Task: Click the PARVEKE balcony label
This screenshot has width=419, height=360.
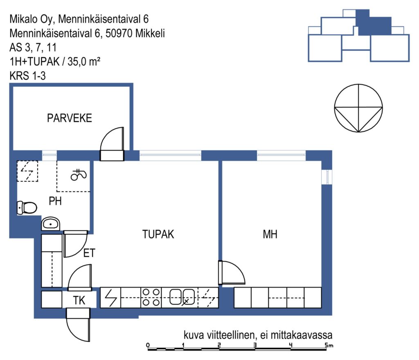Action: click(x=70, y=118)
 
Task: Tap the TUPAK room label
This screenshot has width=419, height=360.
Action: click(x=158, y=234)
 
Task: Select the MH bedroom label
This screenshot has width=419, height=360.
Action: click(x=270, y=234)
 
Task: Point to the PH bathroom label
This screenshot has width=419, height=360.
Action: click(x=55, y=201)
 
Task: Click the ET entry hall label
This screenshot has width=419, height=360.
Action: click(x=89, y=253)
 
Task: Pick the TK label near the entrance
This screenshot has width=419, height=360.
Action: click(x=79, y=300)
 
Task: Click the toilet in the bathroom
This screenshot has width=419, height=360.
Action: click(x=27, y=207)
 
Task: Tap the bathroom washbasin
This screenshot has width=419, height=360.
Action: click(x=50, y=223)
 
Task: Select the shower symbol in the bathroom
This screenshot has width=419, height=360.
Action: click(x=79, y=175)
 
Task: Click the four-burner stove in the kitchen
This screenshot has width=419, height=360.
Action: click(x=151, y=297)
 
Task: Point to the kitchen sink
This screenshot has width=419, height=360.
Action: click(x=182, y=297)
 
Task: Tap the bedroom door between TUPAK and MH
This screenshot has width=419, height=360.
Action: click(x=232, y=272)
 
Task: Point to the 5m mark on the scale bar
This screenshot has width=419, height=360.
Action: click(x=329, y=345)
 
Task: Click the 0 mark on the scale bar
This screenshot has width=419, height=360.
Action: click(x=148, y=345)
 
